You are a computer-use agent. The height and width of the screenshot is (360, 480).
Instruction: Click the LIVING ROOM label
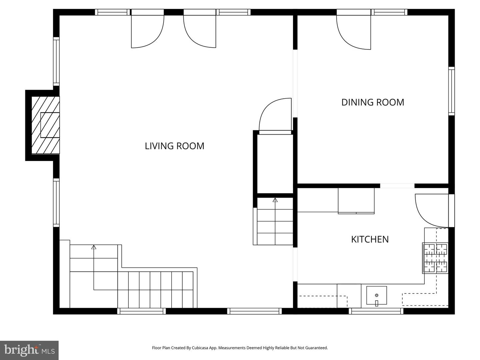pos(174,146)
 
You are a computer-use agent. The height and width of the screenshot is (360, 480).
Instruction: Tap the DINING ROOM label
pos(373,102)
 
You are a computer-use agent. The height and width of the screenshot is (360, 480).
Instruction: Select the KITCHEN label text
pos(370,239)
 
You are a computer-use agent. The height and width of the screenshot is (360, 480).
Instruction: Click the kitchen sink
pos(377,295)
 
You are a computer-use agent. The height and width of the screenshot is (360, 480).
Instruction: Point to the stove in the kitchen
pos(436,258)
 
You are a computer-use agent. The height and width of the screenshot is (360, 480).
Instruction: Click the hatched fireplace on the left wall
pos(46,125)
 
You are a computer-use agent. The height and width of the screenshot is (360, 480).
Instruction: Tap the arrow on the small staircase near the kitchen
pos(275,200)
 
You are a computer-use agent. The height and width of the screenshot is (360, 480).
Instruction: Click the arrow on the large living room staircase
pos(94,247)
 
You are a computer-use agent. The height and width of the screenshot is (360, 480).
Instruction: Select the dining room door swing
pos(354,32)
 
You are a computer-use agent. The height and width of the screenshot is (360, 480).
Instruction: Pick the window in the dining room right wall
pos(451,91)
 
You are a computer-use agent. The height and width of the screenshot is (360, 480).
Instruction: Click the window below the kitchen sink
pos(376,311)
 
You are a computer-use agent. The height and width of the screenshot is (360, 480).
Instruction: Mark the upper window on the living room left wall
pos(56,61)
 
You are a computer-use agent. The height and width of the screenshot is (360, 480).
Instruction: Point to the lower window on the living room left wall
pos(56,203)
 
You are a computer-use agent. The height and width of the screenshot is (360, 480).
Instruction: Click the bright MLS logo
pos(29,350)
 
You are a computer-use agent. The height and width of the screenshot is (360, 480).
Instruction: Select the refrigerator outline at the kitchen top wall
pos(356,201)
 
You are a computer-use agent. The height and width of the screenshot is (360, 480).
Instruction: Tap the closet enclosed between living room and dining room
pos(275,163)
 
